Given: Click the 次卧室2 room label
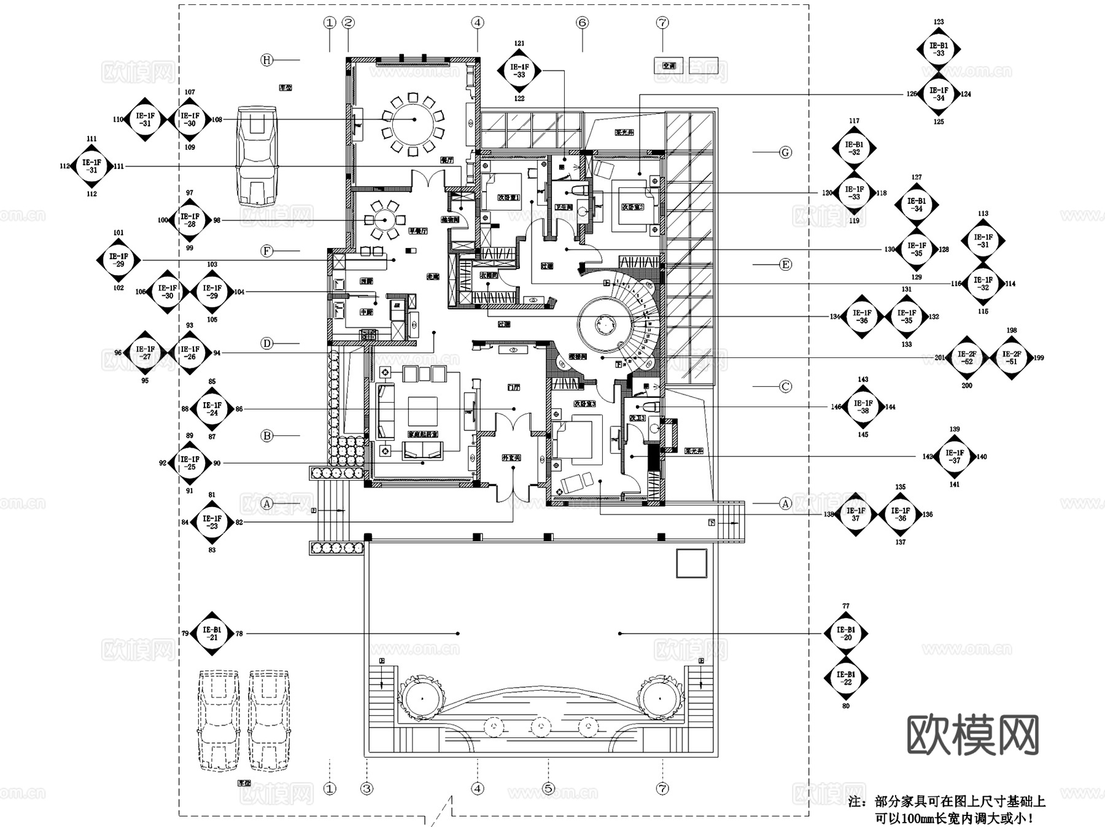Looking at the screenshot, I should click(632, 207).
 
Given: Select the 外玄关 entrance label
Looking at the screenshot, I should click(511, 458).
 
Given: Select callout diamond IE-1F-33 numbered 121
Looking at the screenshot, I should click(519, 71).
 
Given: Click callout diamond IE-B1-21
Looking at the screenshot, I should click(212, 634).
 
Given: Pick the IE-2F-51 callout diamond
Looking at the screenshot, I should click(1011, 358).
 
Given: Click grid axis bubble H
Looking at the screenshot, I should click(266, 60).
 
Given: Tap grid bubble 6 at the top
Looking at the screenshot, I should click(582, 23).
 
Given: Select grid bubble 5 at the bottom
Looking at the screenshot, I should click(548, 788).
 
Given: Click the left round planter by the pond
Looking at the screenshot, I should click(421, 698).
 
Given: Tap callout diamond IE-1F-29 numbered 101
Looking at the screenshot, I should click(118, 260).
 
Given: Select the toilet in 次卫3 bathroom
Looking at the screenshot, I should click(650, 407).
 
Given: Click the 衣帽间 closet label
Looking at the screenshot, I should click(489, 276).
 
